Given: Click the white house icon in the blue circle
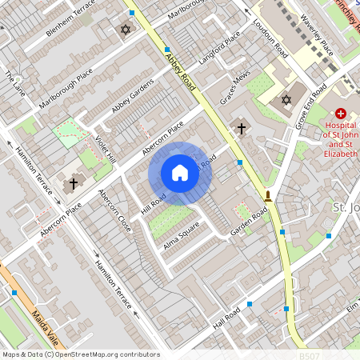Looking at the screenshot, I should (x=180, y=173).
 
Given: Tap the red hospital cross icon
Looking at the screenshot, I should (x=341, y=114).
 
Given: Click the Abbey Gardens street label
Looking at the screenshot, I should (x=132, y=97).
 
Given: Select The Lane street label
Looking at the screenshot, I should (x=14, y=84).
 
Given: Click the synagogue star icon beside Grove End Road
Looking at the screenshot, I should (x=286, y=100).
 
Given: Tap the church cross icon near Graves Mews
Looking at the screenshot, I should (x=241, y=128).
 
